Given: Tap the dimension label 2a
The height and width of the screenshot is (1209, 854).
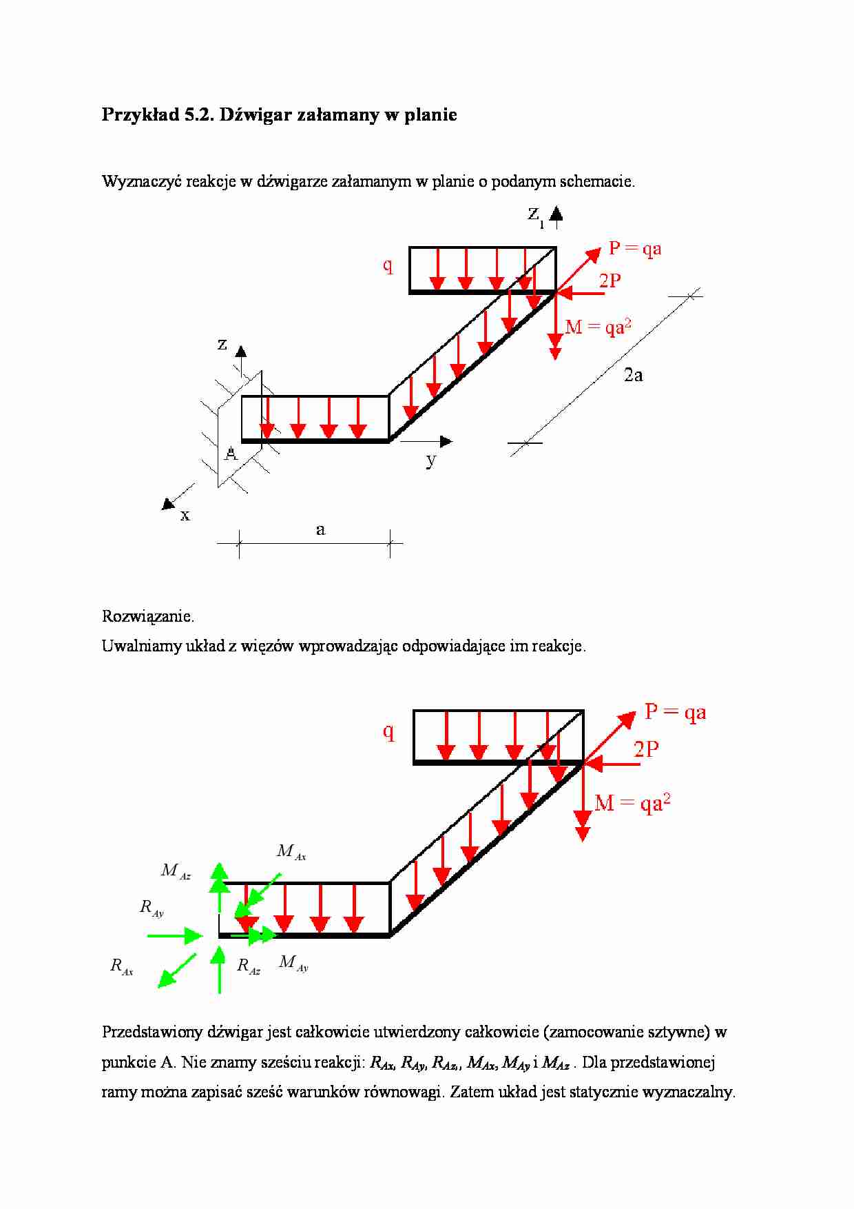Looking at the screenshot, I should tap(633, 375).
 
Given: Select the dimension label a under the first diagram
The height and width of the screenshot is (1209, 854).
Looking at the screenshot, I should tap(320, 530).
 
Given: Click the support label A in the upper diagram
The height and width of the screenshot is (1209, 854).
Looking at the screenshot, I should tap(231, 454).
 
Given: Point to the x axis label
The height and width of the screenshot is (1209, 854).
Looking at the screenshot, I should tap(185, 516).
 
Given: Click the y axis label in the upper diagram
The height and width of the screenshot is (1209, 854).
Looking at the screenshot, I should tap(431, 460).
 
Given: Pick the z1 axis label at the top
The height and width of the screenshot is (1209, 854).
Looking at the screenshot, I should tap(535, 214).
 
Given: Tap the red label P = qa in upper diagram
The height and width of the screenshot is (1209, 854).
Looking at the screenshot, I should tap(635, 249).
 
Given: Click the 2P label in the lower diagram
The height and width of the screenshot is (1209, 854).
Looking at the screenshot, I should tap(646, 749).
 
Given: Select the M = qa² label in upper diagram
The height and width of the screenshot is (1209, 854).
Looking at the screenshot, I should tap(598, 327).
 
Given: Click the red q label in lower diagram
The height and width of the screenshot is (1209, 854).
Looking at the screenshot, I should tap(388, 731).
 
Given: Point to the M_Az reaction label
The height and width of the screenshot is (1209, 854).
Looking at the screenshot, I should tap(175, 871).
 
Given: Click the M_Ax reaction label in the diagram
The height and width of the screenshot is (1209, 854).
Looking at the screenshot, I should tap(291, 852).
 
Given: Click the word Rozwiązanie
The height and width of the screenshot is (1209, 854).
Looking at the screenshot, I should tap(148, 616).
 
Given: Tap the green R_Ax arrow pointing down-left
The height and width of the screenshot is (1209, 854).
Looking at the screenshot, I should tap(176, 971).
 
